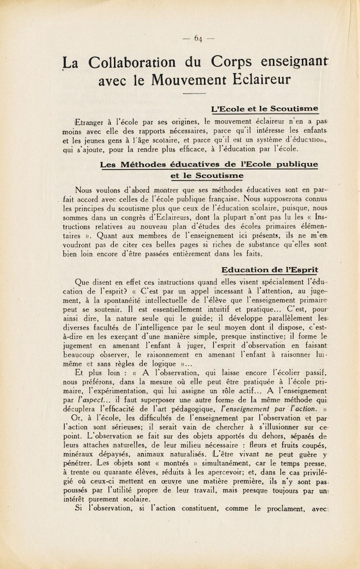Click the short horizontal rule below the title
tap(194, 94)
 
